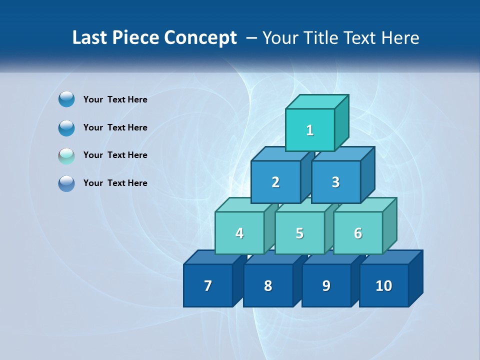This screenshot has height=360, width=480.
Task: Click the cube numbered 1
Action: point(310,130)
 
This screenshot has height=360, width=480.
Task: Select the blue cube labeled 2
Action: point(275,182)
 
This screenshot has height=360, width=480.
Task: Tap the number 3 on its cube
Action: point(335,182)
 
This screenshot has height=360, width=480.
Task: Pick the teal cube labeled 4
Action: point(239,233)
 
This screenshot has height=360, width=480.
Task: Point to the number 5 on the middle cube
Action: point(299,233)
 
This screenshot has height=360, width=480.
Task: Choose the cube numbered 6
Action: point(358,233)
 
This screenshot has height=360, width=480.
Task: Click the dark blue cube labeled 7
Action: point(208,285)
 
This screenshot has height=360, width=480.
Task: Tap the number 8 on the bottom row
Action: point(268,285)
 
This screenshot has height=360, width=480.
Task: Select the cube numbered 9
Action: point(326,285)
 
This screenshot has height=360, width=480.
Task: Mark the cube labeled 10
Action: point(383,285)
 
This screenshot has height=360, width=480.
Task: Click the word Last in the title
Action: point(90,38)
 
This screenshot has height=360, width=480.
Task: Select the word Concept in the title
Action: point(200,38)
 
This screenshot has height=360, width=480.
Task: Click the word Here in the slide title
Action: point(400,38)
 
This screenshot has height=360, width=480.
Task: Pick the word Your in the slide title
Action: point(280,38)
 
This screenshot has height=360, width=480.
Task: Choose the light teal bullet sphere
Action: point(66,156)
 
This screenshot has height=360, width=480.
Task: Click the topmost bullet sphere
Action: point(66,99)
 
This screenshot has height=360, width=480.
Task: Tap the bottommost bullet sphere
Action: point(66,183)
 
